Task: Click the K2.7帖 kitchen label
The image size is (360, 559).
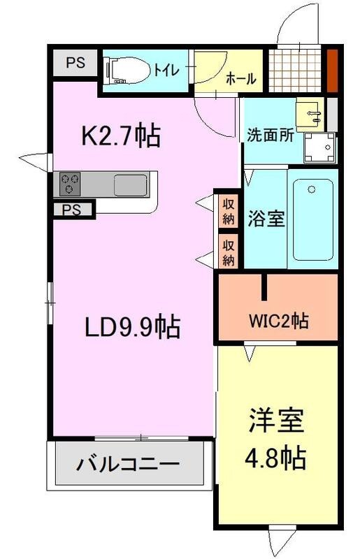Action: tap(122, 136)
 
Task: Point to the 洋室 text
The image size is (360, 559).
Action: tap(275, 424)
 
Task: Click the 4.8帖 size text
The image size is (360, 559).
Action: tap(275, 458)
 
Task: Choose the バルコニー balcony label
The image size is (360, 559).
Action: tap(129, 464)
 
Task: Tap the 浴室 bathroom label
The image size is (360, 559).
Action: tap(266, 219)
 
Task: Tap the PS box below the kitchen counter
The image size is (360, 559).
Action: tap(71, 209)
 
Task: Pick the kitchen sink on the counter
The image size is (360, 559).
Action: tap(130, 185)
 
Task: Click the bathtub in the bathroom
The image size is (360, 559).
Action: tap(312, 219)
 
